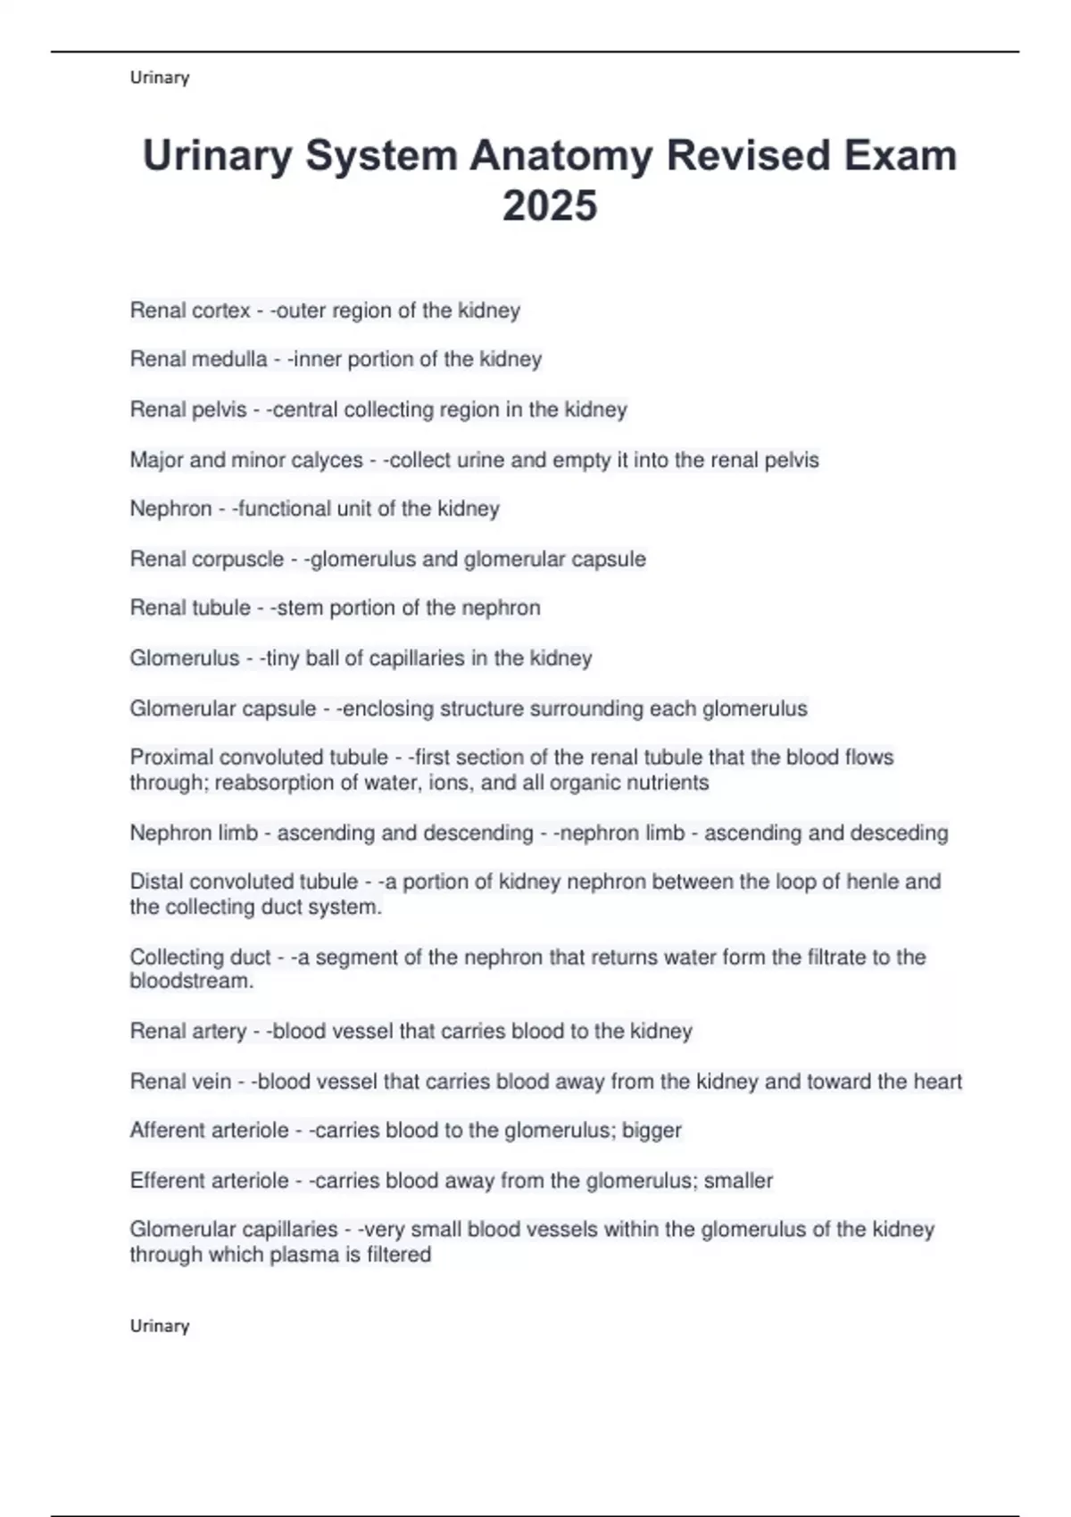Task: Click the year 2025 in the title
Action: click(x=549, y=205)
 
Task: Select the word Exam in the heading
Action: click(x=901, y=155)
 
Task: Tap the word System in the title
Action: click(x=381, y=155)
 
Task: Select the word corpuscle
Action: click(x=242, y=560)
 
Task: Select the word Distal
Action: click(x=156, y=882)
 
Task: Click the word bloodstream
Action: click(x=191, y=982)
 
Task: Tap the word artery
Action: click(x=217, y=1032)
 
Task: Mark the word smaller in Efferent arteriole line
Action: click(x=738, y=1181)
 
